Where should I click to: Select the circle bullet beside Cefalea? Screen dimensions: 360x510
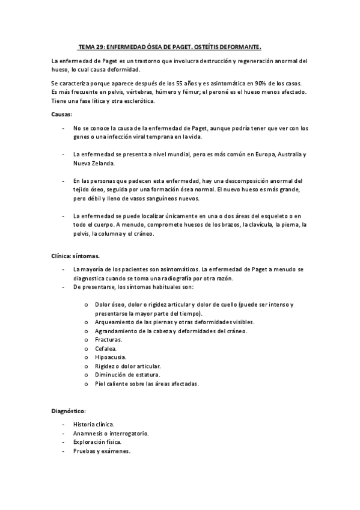[x=87, y=349]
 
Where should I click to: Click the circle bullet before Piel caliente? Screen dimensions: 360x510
[x=87, y=384]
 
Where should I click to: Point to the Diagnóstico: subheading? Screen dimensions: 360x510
[x=69, y=411]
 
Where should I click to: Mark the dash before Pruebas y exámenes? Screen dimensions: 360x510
[x=63, y=451]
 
